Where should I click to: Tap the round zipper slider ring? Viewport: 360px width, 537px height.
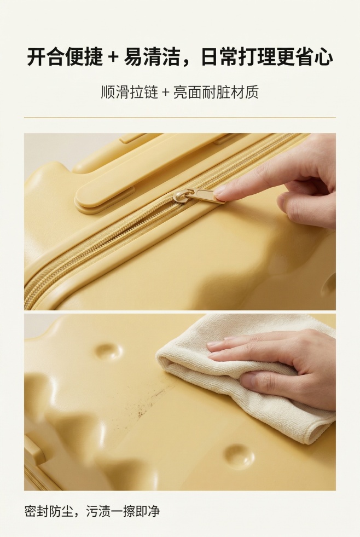click(182, 195)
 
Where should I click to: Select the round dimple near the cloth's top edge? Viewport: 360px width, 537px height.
click(107, 351)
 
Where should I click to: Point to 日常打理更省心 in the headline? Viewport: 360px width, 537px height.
click(267, 57)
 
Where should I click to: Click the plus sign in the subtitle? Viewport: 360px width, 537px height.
click(166, 92)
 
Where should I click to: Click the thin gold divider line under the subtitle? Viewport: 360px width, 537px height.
click(180, 118)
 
